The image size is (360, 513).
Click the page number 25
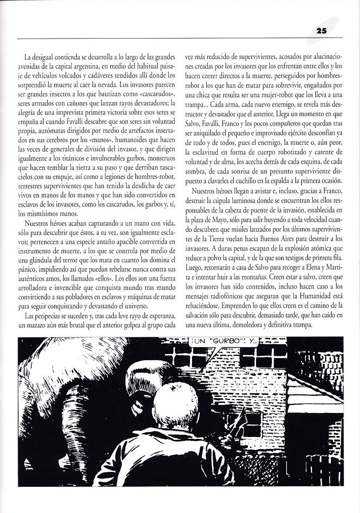[321, 31]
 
